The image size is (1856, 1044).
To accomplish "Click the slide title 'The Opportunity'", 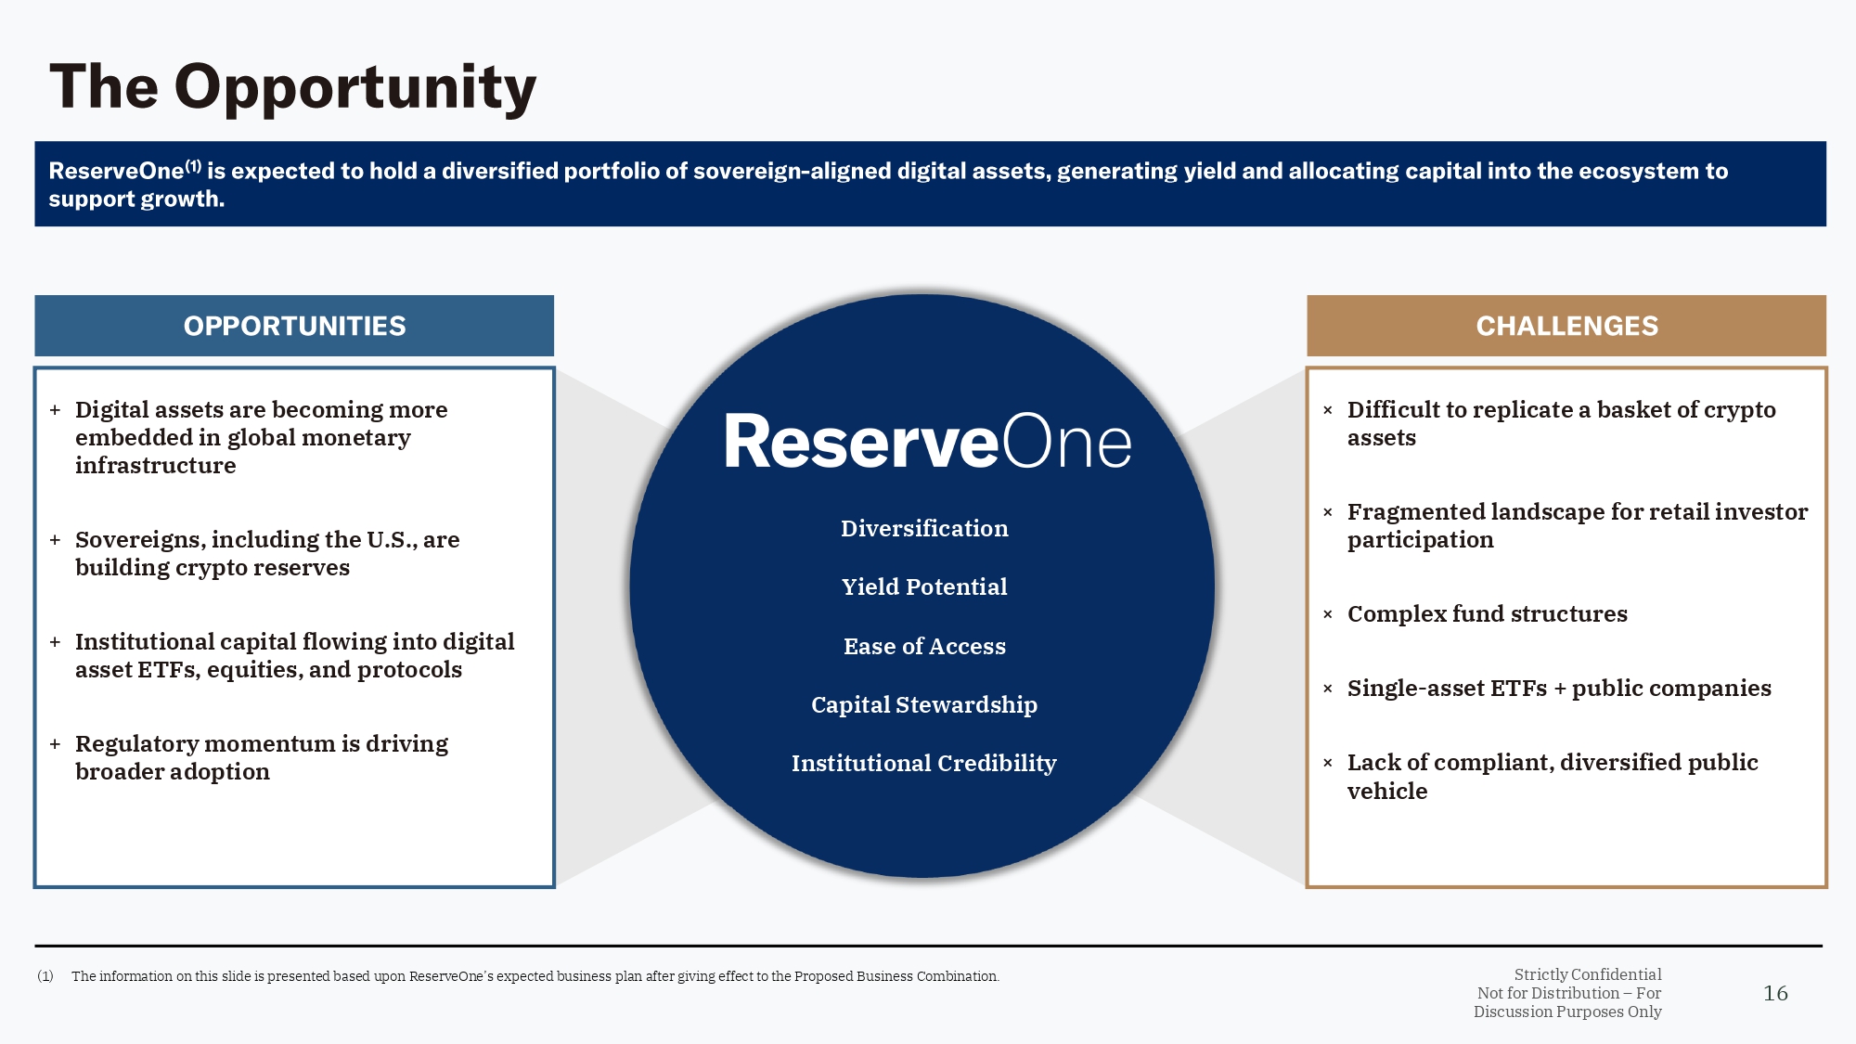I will [x=292, y=87].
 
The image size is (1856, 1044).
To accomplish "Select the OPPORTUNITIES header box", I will [x=294, y=326].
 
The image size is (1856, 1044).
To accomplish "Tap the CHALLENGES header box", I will [x=1566, y=326].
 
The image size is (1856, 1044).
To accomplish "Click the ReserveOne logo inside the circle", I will [x=927, y=442].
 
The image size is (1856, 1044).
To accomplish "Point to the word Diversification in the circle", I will [x=924, y=529].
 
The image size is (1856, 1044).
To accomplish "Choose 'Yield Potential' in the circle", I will [x=924, y=587].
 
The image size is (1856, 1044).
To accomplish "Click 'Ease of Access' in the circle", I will [x=924, y=647].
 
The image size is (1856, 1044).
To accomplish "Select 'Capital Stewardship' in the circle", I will [x=924, y=705].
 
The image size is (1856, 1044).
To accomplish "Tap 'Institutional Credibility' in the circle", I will [x=924, y=764].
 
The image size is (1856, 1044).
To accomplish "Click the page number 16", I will [x=1775, y=994].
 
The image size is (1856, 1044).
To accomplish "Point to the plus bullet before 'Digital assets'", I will [x=56, y=410].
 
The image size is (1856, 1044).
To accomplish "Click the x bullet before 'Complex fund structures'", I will [x=1328, y=614].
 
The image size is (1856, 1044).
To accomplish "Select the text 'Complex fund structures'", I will [x=1487, y=614].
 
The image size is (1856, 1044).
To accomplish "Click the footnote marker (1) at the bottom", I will [x=45, y=976].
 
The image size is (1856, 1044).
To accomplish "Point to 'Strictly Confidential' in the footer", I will [x=1588, y=974].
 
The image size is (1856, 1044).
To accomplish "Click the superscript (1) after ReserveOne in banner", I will [x=193, y=166].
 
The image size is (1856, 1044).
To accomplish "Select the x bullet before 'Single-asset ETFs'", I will [x=1328, y=689].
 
